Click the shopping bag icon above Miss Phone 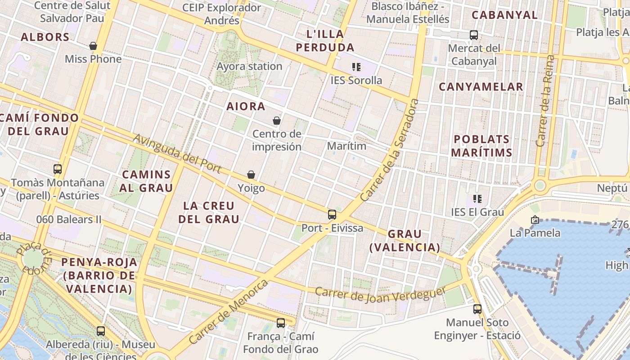[93, 46]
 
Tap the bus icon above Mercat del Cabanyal [473, 35]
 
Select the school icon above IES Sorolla [356, 67]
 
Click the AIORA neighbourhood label [246, 107]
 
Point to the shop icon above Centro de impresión [277, 121]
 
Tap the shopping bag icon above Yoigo [251, 175]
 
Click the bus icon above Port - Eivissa [332, 215]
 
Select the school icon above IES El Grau [477, 198]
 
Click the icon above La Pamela [535, 220]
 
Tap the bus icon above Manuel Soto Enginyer [477, 309]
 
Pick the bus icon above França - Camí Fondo [281, 323]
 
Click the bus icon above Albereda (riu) [101, 331]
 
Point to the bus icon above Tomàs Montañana [58, 169]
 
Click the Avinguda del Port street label [177, 154]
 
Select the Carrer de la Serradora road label [390, 150]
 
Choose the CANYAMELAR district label [481, 87]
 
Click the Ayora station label [249, 67]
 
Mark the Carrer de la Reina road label [545, 101]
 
